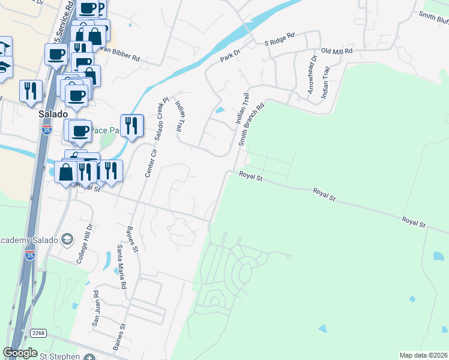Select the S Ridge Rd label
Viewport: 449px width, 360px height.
(x=280, y=40)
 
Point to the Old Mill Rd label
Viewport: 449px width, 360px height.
(x=336, y=52)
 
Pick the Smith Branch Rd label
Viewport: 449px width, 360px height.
(x=251, y=126)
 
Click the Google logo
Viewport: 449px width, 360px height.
(x=20, y=353)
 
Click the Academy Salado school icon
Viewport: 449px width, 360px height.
(x=67, y=240)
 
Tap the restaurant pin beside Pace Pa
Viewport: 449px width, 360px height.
(x=131, y=126)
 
